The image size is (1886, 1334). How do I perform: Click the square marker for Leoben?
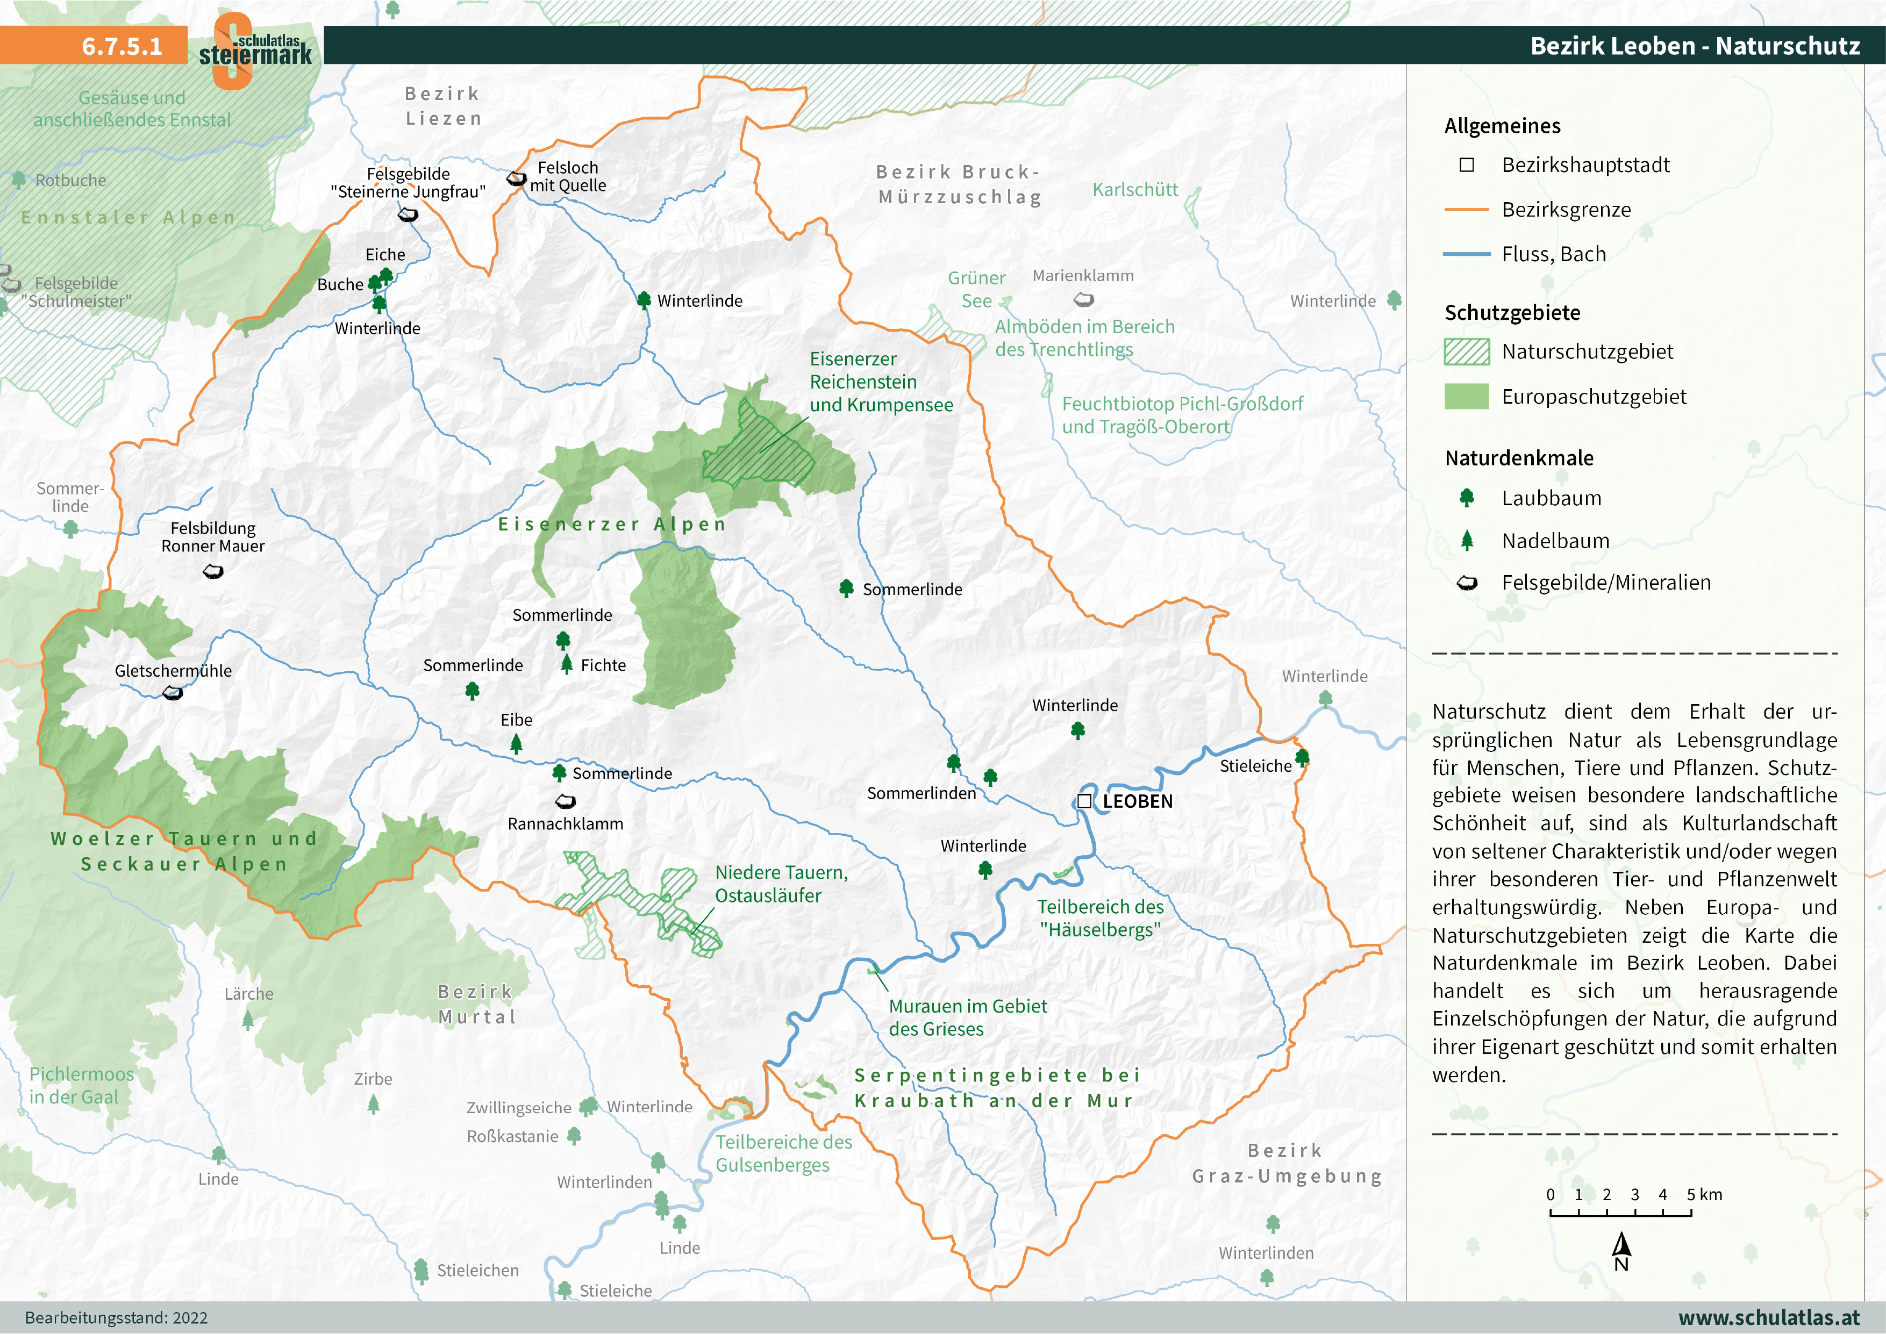(1084, 801)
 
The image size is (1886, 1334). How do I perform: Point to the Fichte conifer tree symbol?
(567, 664)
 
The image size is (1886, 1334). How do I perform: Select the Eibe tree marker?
(516, 743)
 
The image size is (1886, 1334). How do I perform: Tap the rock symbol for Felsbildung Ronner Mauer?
(213, 571)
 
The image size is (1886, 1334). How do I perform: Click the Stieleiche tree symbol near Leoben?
(1302, 757)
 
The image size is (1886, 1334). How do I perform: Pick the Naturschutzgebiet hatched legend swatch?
(1466, 352)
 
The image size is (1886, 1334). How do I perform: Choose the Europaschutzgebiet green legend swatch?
(1466, 397)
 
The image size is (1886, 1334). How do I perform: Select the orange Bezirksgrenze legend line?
(1466, 210)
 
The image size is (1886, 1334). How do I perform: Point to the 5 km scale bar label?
(1704, 1194)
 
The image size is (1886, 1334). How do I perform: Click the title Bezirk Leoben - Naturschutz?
(1695, 46)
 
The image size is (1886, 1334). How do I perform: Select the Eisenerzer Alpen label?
(612, 524)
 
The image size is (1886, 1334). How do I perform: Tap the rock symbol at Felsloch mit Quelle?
(516, 178)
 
